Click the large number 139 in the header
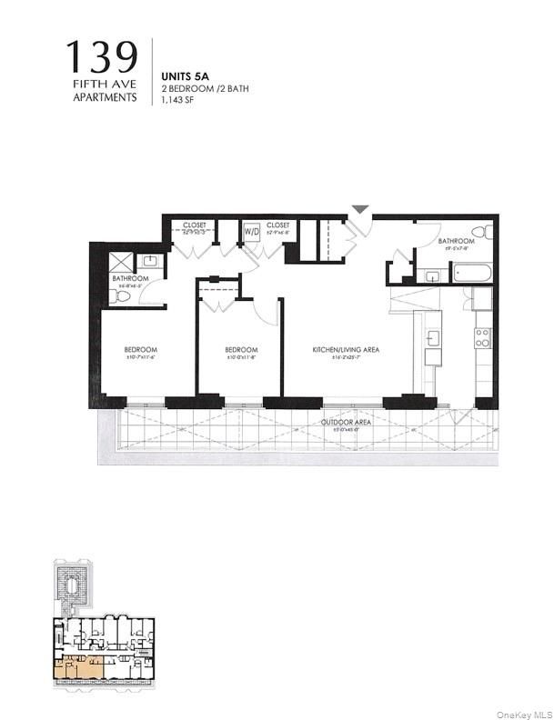(x=101, y=58)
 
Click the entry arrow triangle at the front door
(x=361, y=209)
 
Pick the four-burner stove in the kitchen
(x=482, y=338)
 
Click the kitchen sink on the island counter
(x=433, y=337)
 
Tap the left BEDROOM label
(x=141, y=350)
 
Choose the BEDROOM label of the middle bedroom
(x=241, y=350)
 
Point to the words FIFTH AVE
(x=106, y=85)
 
